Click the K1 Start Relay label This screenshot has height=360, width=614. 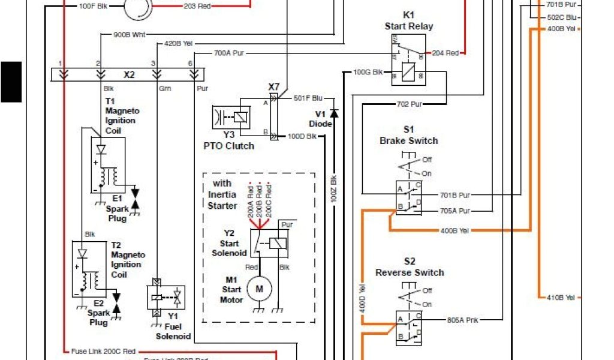tap(408, 21)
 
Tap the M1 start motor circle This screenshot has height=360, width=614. tap(260, 289)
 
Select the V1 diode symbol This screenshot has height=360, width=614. tap(334, 113)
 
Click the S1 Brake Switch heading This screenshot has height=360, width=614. tap(408, 135)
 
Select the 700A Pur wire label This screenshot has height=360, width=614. tap(229, 53)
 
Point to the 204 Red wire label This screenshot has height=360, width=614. tap(446, 53)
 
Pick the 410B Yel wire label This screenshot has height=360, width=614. tap(561, 297)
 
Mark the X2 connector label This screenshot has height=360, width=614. tap(129, 75)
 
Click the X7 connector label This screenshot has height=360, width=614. tap(273, 88)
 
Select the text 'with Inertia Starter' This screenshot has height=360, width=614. tap(222, 194)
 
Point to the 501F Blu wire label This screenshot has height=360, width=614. tap(308, 98)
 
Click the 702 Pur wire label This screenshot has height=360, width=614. tap(409, 104)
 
